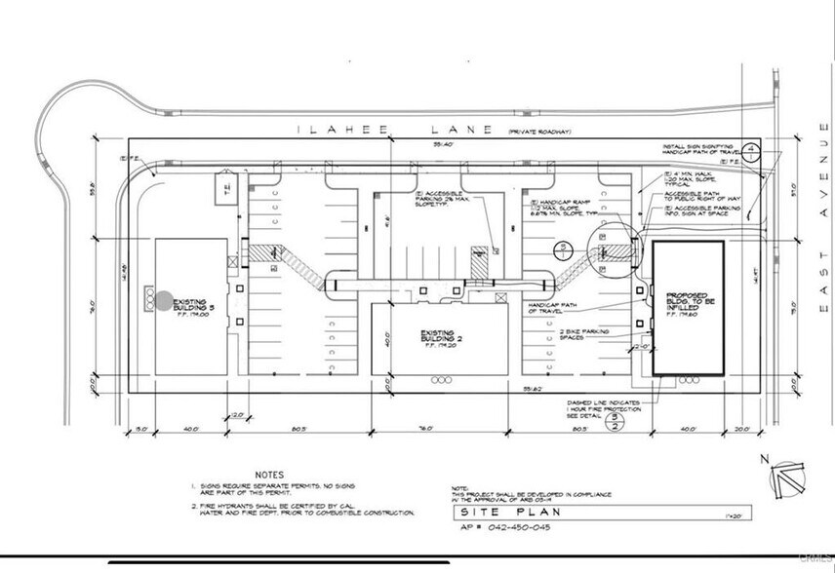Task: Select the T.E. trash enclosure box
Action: (228, 189)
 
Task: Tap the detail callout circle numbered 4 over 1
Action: (751, 149)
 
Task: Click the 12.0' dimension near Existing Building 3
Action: (238, 416)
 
